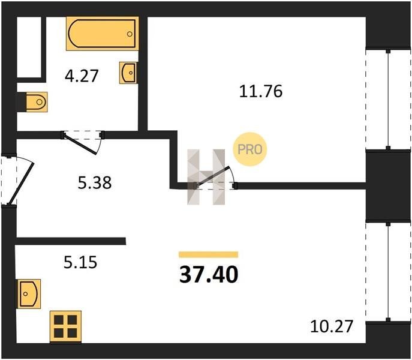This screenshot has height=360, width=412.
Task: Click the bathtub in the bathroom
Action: click(103, 34)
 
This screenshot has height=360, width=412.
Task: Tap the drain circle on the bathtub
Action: click(130, 34)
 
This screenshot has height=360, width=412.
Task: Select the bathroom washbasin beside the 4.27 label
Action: click(128, 73)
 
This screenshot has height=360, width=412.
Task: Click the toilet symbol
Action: click(37, 102)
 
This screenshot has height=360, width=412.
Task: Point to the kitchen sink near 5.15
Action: click(29, 294)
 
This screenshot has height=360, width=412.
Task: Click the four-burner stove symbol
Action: click(65, 327)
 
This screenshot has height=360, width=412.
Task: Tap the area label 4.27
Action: click(82, 76)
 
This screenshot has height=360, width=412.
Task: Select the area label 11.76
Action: click(261, 91)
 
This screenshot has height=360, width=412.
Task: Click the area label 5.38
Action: click(95, 182)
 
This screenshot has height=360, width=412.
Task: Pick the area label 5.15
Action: click(80, 262)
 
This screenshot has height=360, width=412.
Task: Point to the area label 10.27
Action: click(331, 326)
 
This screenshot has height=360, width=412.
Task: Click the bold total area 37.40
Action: click(209, 275)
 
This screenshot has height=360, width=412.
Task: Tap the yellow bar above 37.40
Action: click(208, 254)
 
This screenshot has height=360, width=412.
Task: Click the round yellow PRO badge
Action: click(250, 149)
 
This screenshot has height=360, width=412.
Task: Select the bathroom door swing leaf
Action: click(80, 144)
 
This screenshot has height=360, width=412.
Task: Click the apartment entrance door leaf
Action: click(21, 184)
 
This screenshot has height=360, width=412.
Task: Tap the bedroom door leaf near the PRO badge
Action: click(212, 177)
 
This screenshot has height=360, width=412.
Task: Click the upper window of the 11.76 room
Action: click(388, 100)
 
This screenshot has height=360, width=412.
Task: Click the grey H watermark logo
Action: click(206, 177)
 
